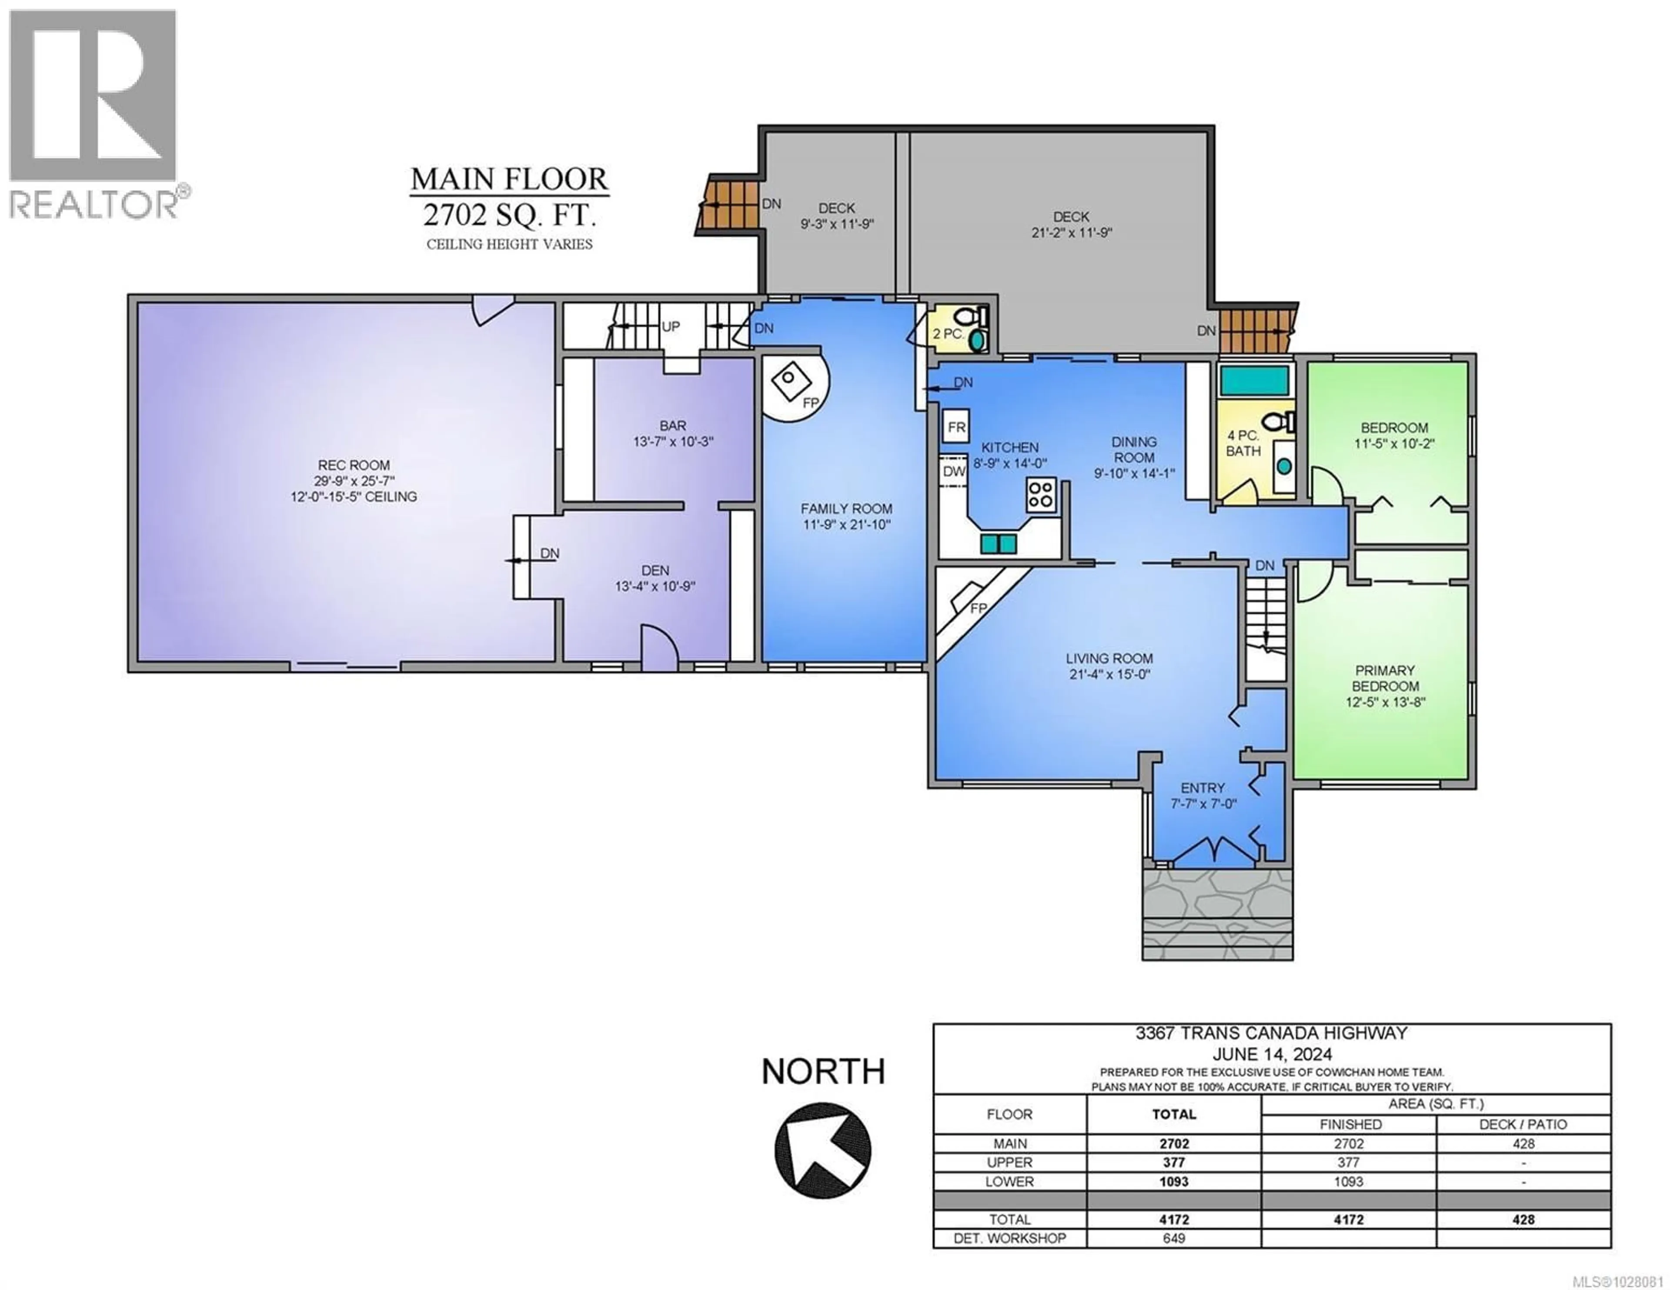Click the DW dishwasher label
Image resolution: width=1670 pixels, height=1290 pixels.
(954, 472)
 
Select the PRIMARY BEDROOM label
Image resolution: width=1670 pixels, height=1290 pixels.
(1385, 678)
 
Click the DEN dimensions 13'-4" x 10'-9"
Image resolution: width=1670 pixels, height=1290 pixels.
(655, 587)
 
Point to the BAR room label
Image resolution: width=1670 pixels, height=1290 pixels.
(673, 425)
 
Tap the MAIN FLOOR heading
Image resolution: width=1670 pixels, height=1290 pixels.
(509, 180)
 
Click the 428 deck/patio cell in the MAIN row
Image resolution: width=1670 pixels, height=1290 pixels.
(1523, 1144)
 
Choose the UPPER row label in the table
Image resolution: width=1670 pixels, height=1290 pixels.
(1009, 1162)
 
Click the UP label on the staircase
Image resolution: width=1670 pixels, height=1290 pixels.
(671, 327)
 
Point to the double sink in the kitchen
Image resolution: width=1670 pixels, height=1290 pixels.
(999, 543)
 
